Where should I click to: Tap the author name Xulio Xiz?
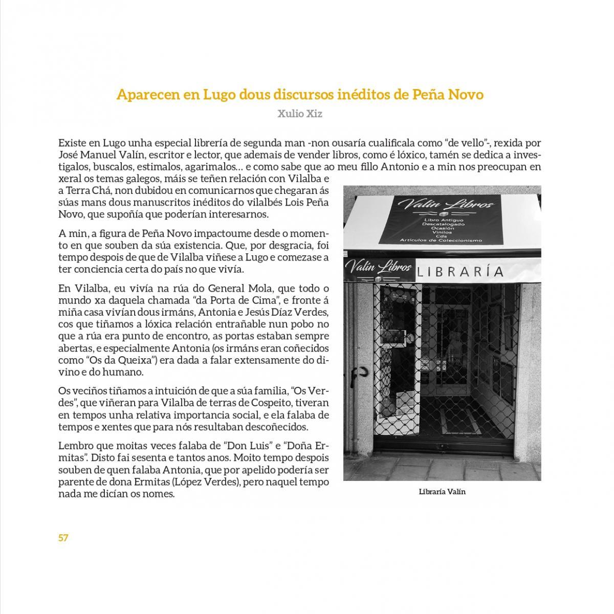point(300,114)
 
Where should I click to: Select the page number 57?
point(63,538)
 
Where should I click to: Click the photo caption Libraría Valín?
point(442,492)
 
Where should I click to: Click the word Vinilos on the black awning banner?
point(438,231)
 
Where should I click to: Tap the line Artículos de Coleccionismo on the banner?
point(441,240)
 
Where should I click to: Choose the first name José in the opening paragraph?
point(68,155)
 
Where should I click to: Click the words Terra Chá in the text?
point(87,191)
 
